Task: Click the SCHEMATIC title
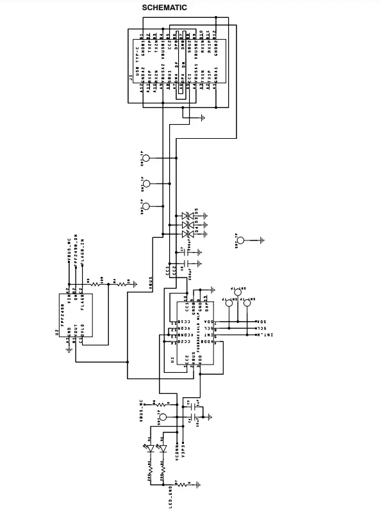coord(164,8)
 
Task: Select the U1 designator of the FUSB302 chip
coord(172,361)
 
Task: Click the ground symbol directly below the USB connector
coord(202,118)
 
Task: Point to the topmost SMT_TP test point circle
coord(146,159)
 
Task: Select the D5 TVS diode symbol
coord(187,216)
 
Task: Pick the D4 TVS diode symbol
coord(187,225)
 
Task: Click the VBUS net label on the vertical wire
coord(150,282)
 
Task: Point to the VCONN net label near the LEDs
coord(178,452)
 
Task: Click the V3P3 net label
coord(184,451)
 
